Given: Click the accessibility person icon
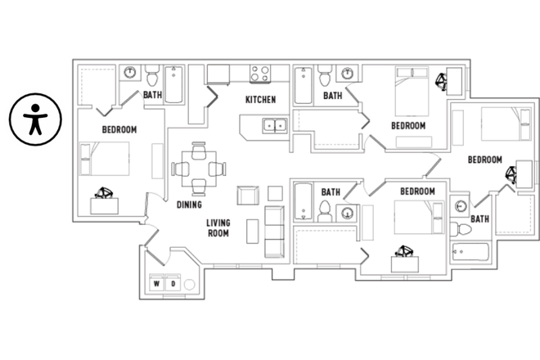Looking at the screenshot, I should tap(34, 119).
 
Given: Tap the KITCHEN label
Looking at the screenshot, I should tap(260, 100).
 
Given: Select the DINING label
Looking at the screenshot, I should tap(190, 205).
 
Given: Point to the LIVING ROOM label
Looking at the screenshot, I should tap(218, 227).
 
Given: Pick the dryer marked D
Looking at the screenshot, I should tap(173, 284).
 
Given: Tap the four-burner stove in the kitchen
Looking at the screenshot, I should tap(261, 74).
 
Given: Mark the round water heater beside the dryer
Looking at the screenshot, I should tap(190, 285).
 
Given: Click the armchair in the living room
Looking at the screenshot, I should tap(248, 196).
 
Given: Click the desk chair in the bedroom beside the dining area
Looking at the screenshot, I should tap(104, 193).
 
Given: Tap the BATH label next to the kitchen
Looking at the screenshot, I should tap(332, 96).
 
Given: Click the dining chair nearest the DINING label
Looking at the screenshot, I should tap(198, 187).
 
